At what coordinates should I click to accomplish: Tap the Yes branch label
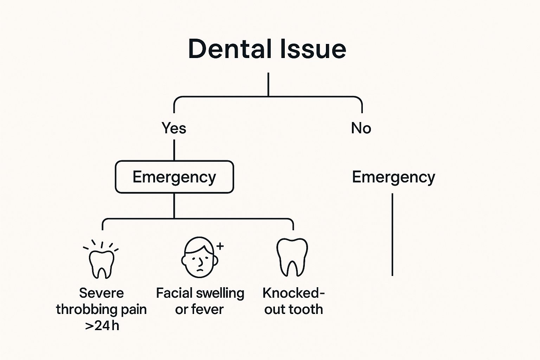(x=174, y=128)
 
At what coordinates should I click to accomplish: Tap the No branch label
(x=361, y=128)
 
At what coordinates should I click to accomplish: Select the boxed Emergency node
(x=174, y=177)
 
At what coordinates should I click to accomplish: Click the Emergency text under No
(x=393, y=177)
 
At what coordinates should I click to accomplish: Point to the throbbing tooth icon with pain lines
(x=101, y=262)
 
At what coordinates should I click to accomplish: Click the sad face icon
(x=199, y=258)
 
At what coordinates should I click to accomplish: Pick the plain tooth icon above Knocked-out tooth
(x=292, y=257)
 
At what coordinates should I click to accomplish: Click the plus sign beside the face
(x=220, y=246)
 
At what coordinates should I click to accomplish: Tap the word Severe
(x=101, y=293)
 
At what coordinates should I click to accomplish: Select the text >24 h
(x=102, y=326)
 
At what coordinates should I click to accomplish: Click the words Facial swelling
(x=200, y=293)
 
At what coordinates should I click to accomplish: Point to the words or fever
(x=199, y=309)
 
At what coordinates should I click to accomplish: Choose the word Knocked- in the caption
(x=294, y=293)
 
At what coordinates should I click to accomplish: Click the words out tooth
(x=294, y=309)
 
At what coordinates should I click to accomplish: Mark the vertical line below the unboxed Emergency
(x=392, y=234)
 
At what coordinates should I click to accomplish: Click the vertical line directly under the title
(x=268, y=84)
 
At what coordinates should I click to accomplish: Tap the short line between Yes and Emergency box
(x=174, y=150)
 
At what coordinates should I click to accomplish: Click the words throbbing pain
(x=101, y=309)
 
